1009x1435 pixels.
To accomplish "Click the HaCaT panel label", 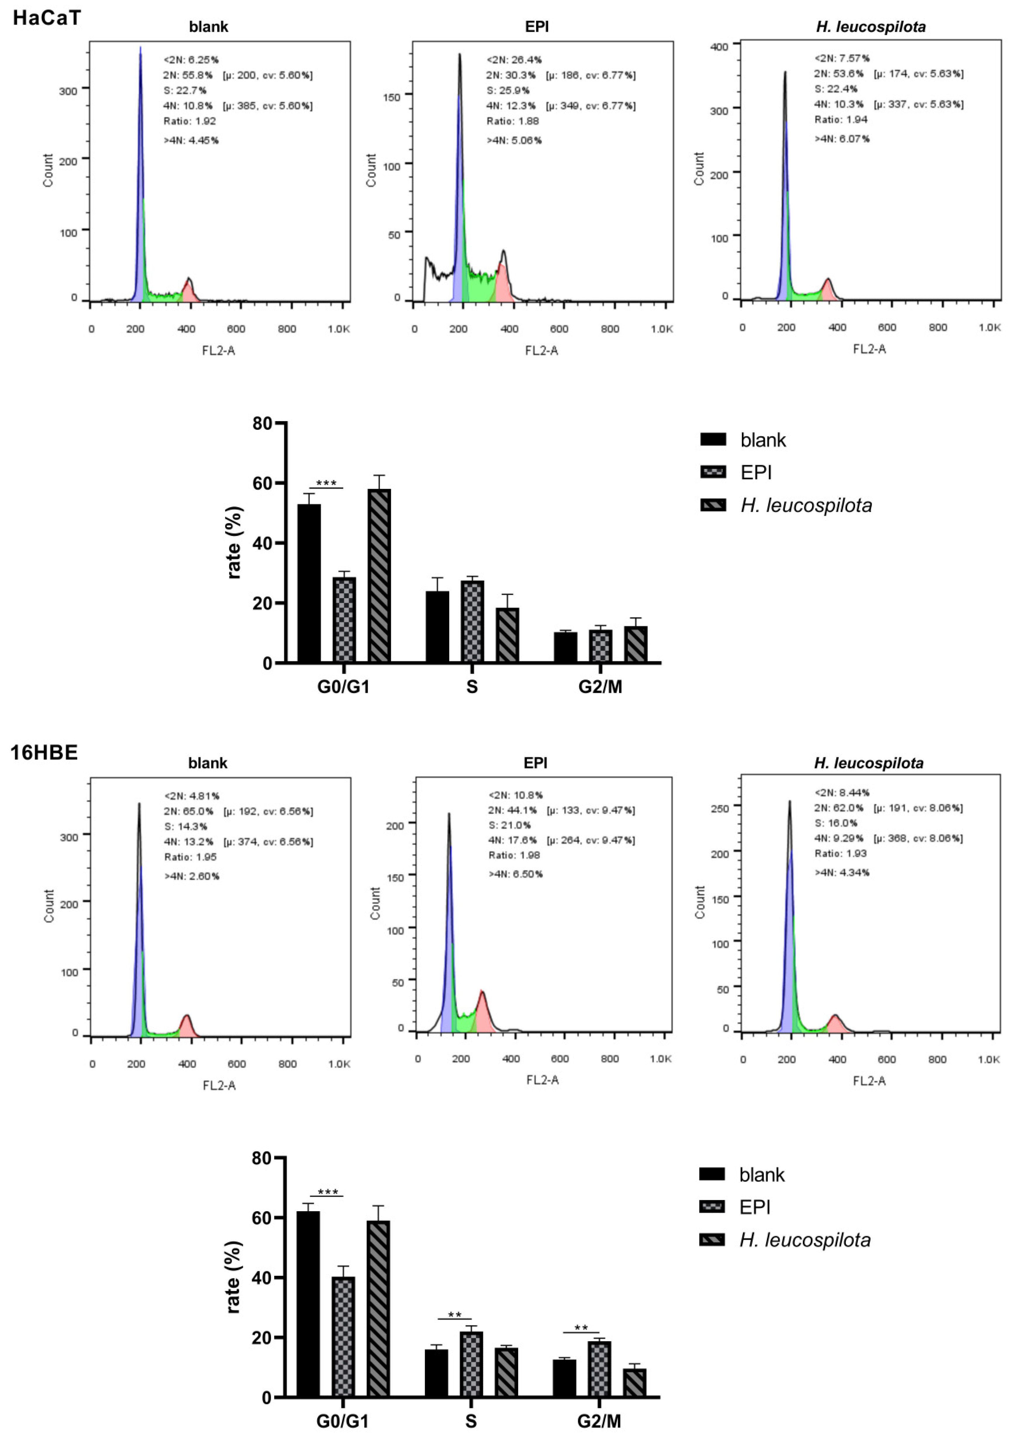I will coord(47,18).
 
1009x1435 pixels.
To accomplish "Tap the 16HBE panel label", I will coord(44,752).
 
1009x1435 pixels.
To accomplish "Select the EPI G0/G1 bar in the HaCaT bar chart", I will coord(344,619).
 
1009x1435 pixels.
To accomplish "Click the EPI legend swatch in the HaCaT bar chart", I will coord(713,472).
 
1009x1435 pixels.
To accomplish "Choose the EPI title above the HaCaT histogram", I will coord(536,27).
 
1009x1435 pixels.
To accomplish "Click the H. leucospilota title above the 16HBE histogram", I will coord(868,763).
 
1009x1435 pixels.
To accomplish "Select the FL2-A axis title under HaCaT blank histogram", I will coord(218,351).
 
